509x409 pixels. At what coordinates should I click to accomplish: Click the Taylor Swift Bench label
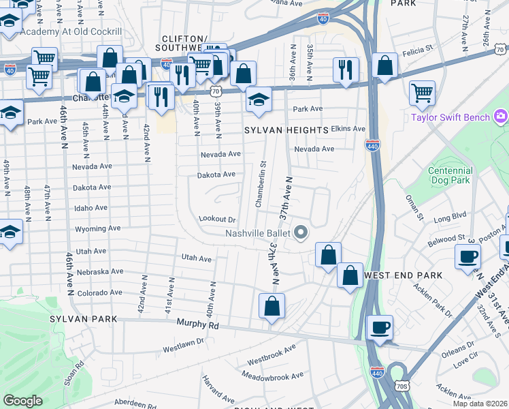coord(450,117)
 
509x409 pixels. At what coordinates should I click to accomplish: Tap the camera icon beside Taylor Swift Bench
coord(501,117)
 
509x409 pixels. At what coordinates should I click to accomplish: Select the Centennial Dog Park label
coord(450,176)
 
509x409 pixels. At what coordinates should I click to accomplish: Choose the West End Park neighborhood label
coord(404,275)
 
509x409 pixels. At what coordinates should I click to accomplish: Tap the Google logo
coord(22,401)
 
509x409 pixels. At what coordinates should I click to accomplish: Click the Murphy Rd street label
coord(197,325)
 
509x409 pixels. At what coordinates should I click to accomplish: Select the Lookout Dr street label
coord(216,219)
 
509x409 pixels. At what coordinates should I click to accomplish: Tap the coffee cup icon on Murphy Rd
coord(380,327)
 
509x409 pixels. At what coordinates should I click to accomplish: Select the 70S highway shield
coord(402,387)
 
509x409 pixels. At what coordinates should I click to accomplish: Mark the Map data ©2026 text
coord(480,403)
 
